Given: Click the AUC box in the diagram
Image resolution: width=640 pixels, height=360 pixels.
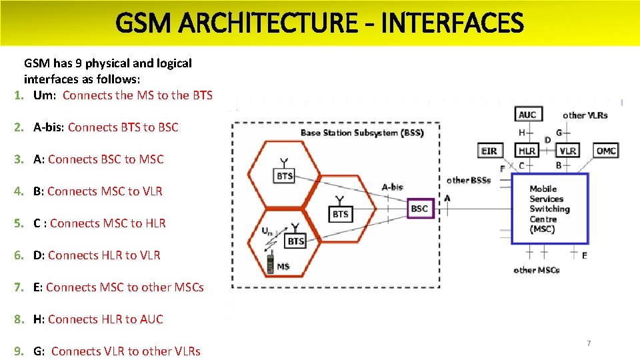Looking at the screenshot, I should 527,115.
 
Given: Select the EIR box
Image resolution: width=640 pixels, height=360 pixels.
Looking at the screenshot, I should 489,151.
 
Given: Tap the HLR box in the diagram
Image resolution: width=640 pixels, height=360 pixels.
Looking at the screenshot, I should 527,151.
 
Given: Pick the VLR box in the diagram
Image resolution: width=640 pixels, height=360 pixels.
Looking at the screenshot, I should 567,151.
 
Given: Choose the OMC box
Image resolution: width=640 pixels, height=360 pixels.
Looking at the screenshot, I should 606,151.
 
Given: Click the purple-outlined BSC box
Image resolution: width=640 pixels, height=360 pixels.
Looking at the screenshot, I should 419,209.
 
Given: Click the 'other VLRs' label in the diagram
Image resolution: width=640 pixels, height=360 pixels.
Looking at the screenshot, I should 585,115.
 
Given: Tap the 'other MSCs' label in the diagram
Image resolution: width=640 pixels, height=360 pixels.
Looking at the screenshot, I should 537,270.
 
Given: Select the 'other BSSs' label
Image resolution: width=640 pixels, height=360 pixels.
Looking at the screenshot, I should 469,180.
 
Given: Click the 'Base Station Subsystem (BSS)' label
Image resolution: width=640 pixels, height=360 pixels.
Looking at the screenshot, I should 362,133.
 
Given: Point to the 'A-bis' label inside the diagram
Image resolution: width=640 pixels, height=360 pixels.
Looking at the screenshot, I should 392,187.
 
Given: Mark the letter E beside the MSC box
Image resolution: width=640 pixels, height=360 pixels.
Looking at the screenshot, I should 585,255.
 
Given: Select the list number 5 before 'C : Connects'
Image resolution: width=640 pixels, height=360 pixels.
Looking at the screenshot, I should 19,223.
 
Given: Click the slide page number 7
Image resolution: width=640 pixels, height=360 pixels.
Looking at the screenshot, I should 589,343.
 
